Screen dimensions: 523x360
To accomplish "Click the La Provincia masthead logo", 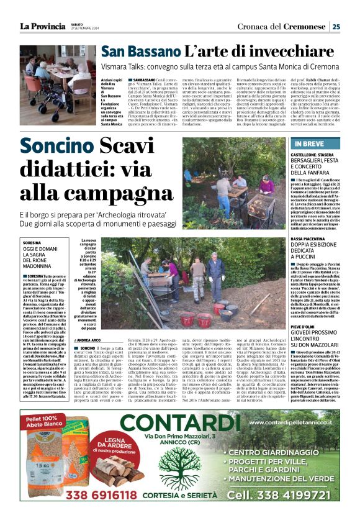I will (x=42, y=25).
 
